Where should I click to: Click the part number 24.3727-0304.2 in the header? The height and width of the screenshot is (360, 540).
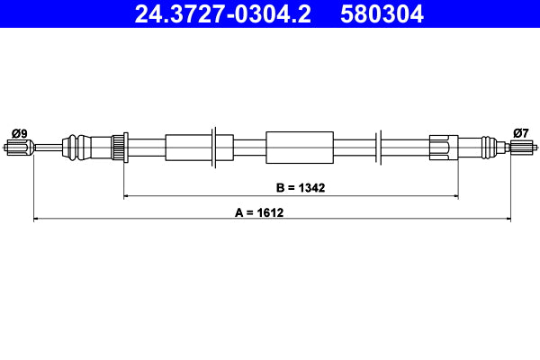tap(225, 13)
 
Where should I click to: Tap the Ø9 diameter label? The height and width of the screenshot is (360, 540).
tap(19, 133)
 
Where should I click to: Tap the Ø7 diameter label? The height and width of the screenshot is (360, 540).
tap(520, 133)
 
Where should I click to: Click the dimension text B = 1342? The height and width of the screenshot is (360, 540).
tap(300, 188)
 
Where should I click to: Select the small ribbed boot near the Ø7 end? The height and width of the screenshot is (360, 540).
tap(487, 146)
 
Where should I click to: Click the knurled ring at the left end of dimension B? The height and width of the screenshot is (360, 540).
tap(116, 146)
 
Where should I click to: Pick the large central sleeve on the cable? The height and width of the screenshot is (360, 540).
tap(300, 146)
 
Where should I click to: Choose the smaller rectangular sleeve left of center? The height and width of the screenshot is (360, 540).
tap(186, 146)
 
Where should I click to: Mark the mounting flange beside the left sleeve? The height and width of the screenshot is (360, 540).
tap(213, 146)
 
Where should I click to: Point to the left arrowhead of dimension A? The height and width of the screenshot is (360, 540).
tap(36, 219)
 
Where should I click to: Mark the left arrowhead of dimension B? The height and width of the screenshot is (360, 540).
tap(127, 195)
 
